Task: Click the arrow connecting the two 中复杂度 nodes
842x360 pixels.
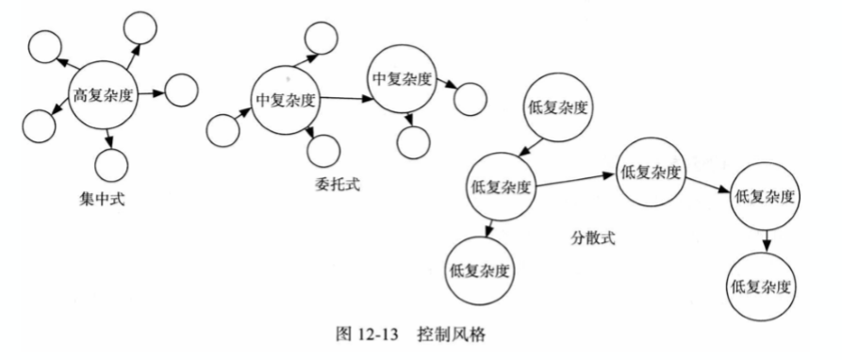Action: [347, 99]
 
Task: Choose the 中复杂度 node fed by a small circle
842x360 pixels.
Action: [286, 100]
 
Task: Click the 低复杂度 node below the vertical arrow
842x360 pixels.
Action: [763, 285]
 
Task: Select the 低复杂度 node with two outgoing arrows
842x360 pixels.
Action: [501, 188]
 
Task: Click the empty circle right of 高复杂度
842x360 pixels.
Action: [181, 90]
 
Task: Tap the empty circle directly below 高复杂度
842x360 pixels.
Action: [111, 165]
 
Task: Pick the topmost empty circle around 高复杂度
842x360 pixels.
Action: [140, 26]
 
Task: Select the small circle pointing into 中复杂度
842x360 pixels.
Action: [223, 130]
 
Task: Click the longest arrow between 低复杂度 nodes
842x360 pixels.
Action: [576, 180]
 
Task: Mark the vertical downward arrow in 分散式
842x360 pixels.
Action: [767, 239]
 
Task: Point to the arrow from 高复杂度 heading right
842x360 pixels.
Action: [152, 94]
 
